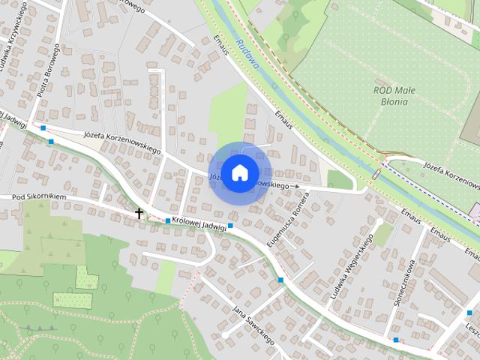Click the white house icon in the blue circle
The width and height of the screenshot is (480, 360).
pos(239,172)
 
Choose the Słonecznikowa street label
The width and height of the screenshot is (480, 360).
pos(404,284)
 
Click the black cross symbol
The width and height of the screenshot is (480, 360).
pos(139,213)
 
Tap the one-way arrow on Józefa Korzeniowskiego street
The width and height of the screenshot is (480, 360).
pos(295,186)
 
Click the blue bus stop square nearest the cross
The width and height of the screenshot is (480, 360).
pos(167,220)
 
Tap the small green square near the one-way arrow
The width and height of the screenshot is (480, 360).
pos(339,179)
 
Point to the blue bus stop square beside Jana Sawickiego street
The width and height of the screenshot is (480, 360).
pos(280,280)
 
